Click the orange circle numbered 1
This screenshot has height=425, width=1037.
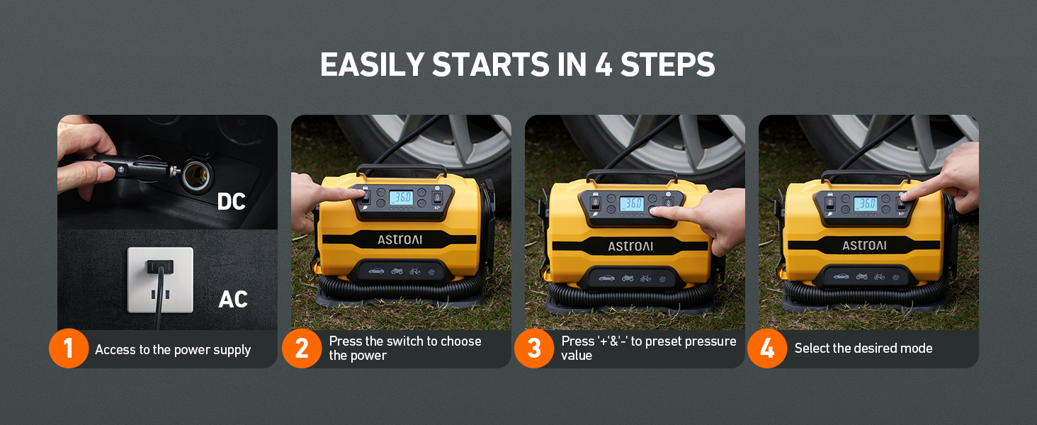pos(69,348)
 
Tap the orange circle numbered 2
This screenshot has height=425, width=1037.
pos(302,348)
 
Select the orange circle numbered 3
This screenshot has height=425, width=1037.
pos(534,348)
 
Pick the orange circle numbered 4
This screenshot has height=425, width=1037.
pos(767,348)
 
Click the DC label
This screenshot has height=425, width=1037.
pos(231,202)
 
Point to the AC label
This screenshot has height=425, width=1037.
pos(232,300)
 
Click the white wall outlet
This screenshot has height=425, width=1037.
pos(160,279)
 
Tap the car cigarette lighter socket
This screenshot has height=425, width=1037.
pos(193,174)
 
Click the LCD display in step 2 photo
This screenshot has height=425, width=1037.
pos(401,198)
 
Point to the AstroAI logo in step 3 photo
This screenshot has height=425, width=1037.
pos(630,246)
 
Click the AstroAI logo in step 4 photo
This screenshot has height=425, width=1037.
pos(864,246)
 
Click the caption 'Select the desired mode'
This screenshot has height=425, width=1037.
pos(863,348)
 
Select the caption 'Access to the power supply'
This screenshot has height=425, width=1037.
pos(173,349)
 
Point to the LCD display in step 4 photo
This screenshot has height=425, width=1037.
pos(865,204)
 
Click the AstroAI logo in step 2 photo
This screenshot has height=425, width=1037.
pos(399,239)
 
